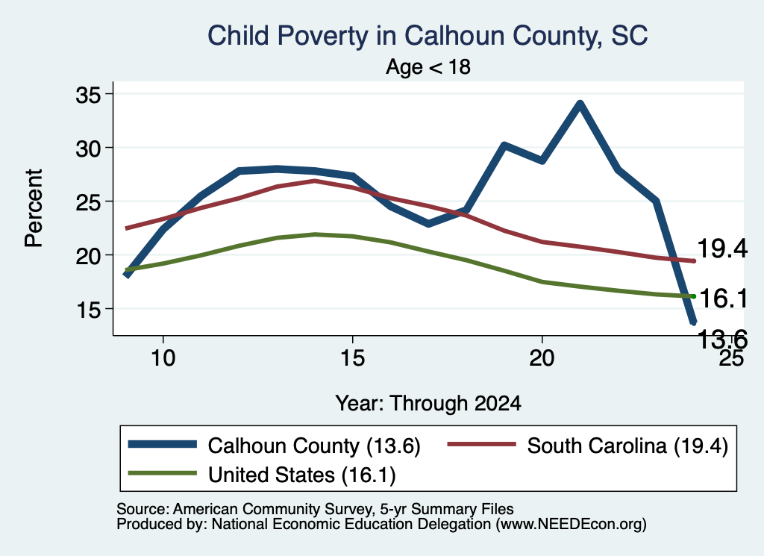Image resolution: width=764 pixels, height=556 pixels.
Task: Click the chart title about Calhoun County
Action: click(x=428, y=36)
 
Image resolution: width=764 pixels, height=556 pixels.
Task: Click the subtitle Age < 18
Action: click(x=428, y=66)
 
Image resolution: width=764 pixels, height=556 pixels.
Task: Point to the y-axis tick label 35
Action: click(x=88, y=95)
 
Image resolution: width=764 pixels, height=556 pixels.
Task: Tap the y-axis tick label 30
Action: click(x=88, y=149)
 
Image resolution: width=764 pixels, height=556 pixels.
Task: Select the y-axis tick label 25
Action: click(x=88, y=202)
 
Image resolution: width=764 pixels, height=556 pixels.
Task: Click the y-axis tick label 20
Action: click(x=88, y=256)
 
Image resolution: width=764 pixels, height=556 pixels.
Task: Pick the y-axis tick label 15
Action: click(x=88, y=310)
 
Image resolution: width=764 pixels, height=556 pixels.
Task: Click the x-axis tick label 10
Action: click(x=163, y=358)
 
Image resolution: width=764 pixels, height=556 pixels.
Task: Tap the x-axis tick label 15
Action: click(x=352, y=358)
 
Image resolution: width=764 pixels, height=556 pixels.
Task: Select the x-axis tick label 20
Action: click(x=542, y=358)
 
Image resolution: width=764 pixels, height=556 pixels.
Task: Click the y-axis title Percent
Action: click(x=34, y=208)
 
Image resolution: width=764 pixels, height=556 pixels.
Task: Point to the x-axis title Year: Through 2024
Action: click(x=428, y=404)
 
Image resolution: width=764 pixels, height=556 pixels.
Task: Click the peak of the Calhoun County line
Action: click(x=580, y=104)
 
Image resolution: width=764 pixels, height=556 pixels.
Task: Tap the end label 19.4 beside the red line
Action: click(x=722, y=249)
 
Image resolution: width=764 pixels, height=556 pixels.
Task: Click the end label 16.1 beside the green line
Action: click(x=724, y=299)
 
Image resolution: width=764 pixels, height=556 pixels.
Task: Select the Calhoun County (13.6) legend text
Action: click(x=314, y=446)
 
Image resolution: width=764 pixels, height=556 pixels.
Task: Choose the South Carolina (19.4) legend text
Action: click(x=627, y=446)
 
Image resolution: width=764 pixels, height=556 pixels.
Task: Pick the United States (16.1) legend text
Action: click(x=302, y=475)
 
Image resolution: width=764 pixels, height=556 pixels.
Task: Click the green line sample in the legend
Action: click(x=162, y=473)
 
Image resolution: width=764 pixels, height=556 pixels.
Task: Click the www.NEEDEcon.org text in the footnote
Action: click(x=571, y=525)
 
